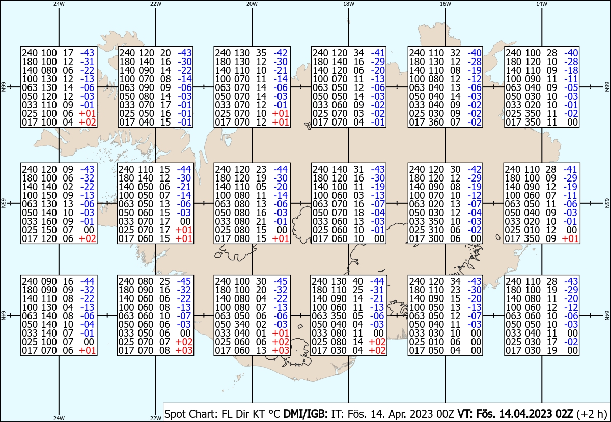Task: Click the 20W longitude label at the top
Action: tap(252, 4)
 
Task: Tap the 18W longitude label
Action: tap(349, 4)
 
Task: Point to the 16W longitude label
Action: tap(445, 4)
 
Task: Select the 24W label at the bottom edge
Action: tap(59, 418)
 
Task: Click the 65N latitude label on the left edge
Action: tap(3, 203)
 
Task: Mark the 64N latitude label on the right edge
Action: tap(607, 315)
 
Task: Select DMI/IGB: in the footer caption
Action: tap(305, 414)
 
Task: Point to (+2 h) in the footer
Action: tap(592, 414)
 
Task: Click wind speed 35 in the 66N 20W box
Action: tap(261, 53)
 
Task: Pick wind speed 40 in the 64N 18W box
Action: tap(357, 281)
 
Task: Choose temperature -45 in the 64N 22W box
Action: tap(184, 281)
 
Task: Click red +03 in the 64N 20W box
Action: tap(281, 350)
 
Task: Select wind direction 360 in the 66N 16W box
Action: tap(436, 122)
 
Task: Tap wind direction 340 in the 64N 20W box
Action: tap(242, 324)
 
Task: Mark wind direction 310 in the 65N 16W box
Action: tap(436, 230)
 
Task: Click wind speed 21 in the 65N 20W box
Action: tap(261, 221)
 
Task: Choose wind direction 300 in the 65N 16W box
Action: tap(436, 238)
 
